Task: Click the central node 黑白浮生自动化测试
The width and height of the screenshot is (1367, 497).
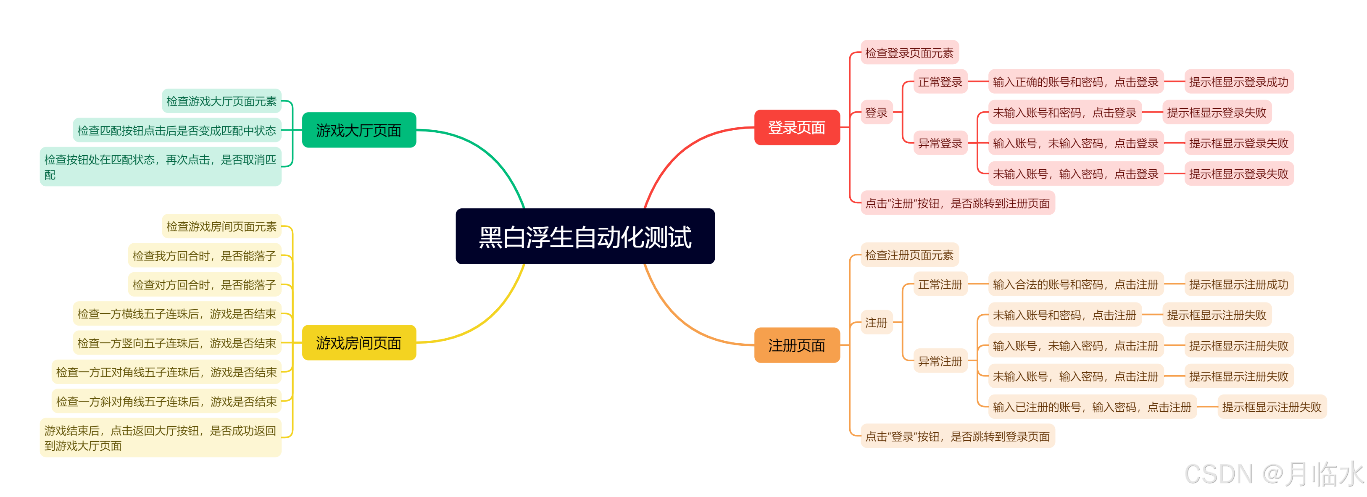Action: pos(585,237)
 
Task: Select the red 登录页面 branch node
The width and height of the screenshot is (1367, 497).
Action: pos(796,127)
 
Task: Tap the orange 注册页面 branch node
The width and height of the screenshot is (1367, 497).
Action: pos(796,345)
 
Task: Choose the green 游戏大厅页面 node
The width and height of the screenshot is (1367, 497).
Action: pos(359,130)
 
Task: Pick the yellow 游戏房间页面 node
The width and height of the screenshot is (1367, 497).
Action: pos(359,343)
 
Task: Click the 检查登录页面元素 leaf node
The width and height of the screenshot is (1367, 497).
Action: pos(909,53)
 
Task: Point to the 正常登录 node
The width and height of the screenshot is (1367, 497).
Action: pos(940,82)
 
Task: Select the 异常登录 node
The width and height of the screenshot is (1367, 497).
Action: pos(940,143)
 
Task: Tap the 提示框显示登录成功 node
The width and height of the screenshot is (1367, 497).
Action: pos(1238,82)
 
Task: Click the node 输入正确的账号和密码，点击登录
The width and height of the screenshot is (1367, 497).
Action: pos(1075,82)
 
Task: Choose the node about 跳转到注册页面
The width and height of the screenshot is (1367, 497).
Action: pos(957,203)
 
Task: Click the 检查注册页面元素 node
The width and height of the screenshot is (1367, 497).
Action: pos(909,255)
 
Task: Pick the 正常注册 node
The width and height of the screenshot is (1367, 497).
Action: pos(940,284)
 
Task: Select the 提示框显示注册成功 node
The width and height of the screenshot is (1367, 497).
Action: pos(1238,284)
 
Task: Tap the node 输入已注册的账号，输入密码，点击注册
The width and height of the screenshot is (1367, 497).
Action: pos(1092,407)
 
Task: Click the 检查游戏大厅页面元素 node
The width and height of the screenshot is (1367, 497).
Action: pos(221,101)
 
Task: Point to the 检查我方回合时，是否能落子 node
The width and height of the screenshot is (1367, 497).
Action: pos(204,256)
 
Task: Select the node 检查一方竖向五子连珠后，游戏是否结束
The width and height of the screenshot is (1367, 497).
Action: pos(177,343)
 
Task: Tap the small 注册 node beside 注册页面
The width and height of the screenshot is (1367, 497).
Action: pos(876,323)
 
